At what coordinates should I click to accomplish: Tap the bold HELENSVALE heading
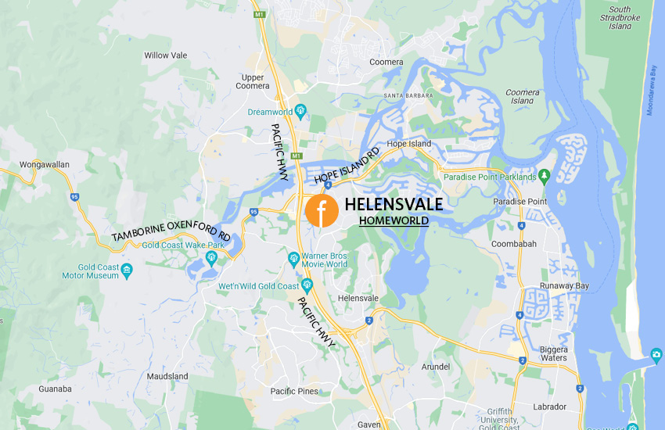[394, 205]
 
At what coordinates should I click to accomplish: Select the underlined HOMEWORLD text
[394, 221]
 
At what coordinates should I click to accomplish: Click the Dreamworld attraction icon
[300, 111]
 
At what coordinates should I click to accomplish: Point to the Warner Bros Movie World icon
[293, 257]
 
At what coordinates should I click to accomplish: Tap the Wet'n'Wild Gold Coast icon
[307, 285]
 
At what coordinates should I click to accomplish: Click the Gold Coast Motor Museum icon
[127, 271]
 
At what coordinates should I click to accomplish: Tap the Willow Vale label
[167, 56]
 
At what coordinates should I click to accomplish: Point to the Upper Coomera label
[253, 81]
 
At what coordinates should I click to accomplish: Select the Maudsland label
[167, 376]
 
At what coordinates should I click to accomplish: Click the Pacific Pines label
[293, 391]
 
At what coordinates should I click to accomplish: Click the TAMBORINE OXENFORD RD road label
[170, 226]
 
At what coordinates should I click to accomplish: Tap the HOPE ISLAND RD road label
[347, 165]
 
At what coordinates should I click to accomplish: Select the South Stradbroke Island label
[620, 18]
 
